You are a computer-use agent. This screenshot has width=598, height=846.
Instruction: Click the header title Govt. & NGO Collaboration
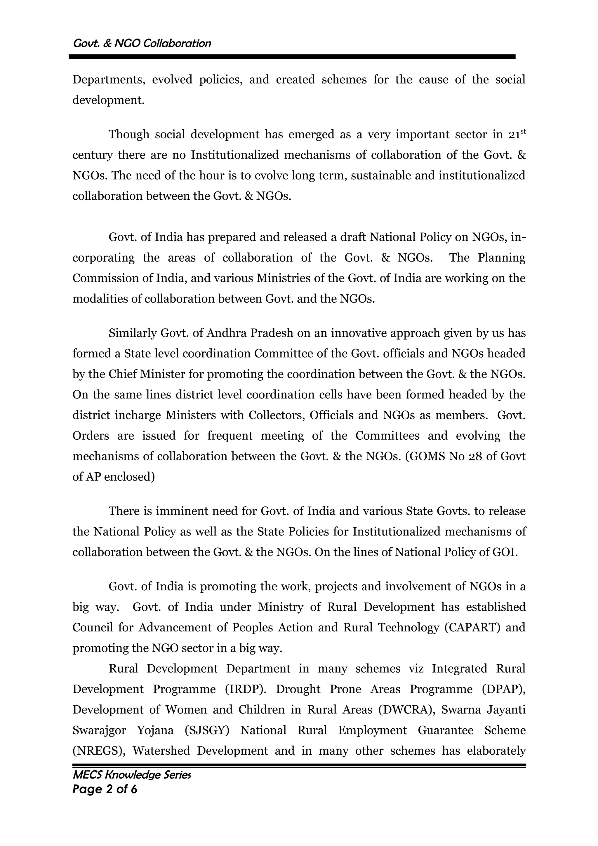click(142, 43)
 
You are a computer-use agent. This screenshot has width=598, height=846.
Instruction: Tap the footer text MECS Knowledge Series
click(131, 775)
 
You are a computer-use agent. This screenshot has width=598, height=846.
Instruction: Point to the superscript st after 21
click(522, 131)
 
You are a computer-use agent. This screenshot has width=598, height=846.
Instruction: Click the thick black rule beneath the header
click(292, 57)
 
